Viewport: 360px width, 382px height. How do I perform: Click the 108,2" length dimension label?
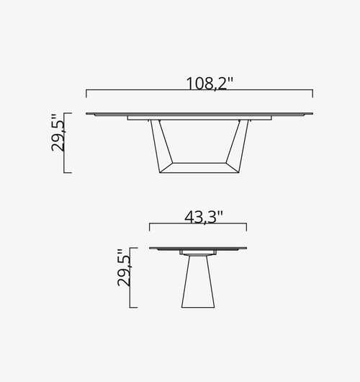[x=210, y=84]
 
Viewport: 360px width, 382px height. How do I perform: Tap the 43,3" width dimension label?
[x=204, y=217]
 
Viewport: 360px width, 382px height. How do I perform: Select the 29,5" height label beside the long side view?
[x=58, y=133]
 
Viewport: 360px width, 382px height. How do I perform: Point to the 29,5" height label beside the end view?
[x=124, y=267]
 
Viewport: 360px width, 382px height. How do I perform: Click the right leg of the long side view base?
[x=238, y=145]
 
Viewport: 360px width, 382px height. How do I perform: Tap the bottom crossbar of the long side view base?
[x=199, y=168]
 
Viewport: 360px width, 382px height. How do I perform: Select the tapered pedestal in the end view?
[x=198, y=281]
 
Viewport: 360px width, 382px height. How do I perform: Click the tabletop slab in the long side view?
[x=199, y=114]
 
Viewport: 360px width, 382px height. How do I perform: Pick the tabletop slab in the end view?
[x=198, y=249]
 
